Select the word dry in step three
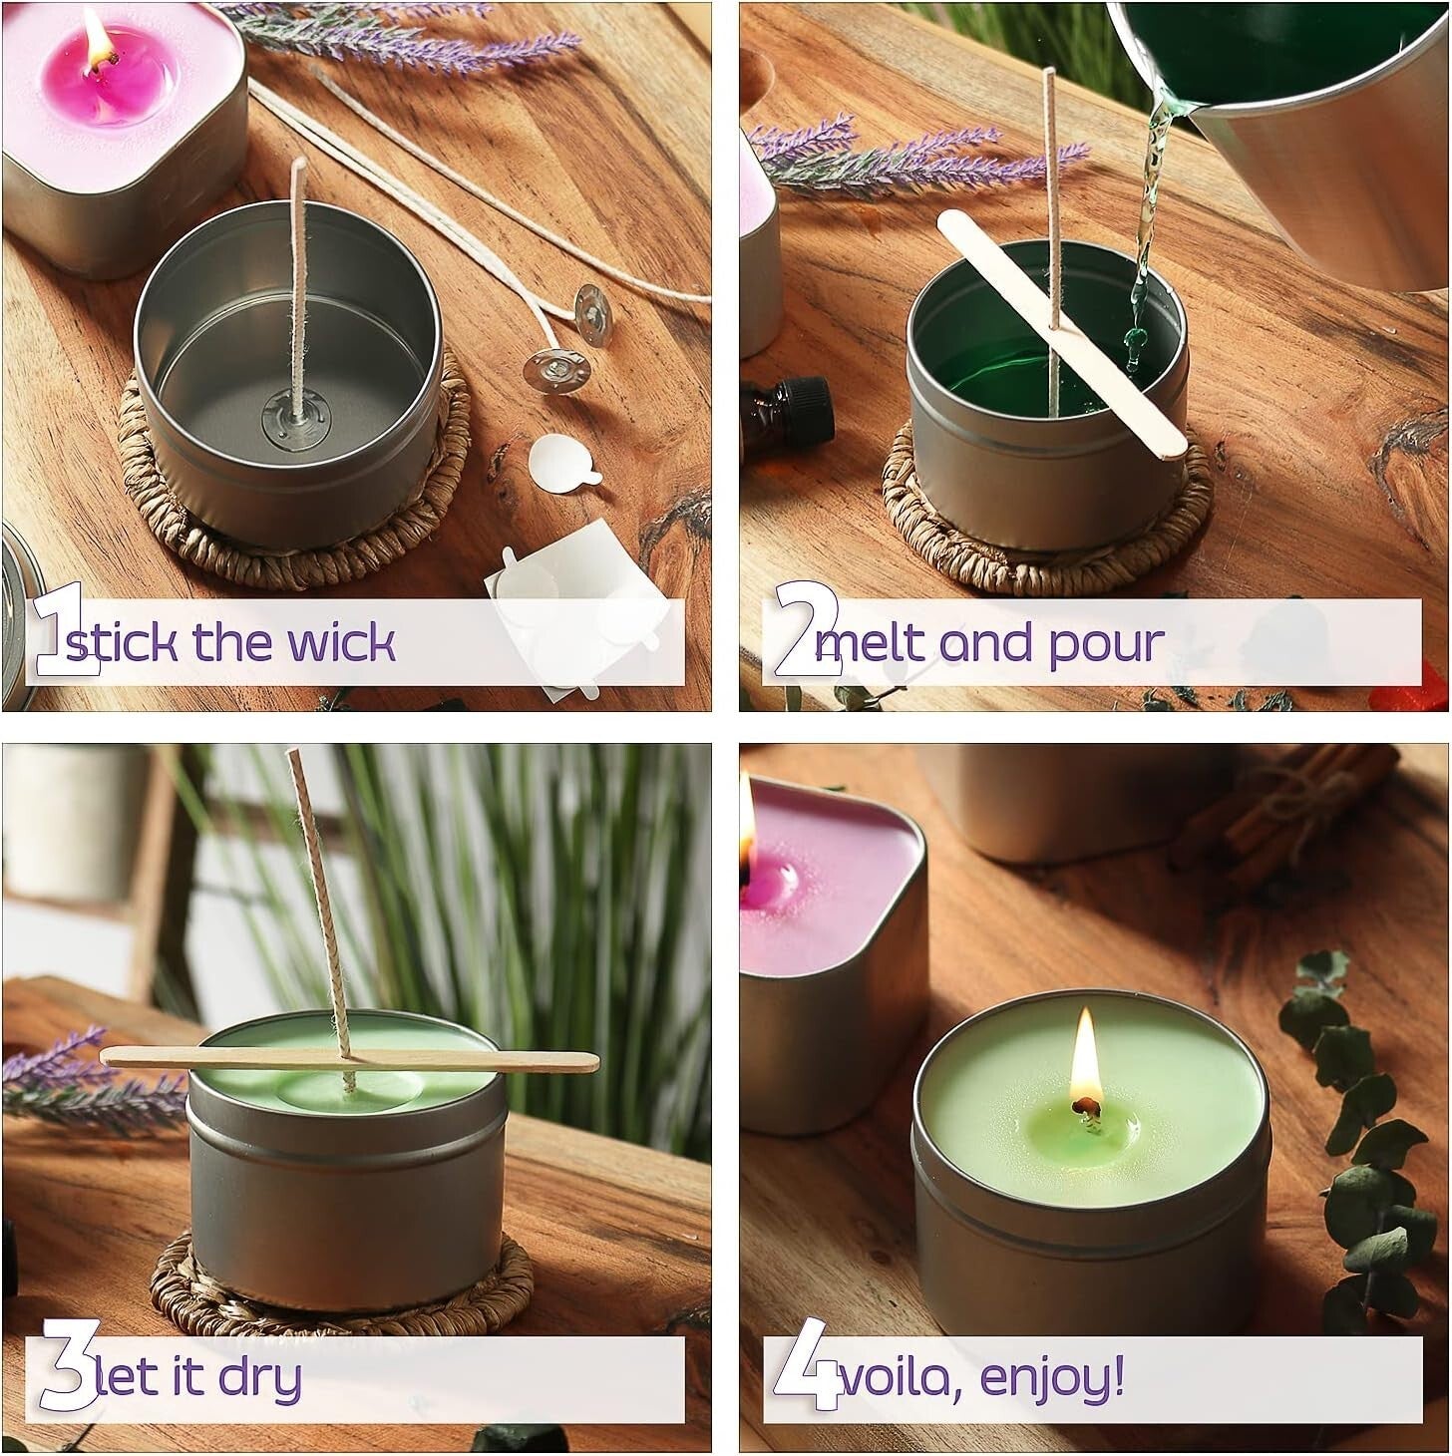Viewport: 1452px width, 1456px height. point(260,1378)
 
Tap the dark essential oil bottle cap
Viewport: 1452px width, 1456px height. point(804,397)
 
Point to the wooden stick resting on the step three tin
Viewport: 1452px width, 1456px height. point(349,1059)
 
